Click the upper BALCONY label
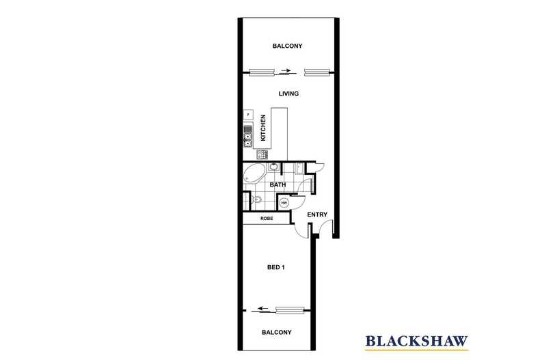tap(287, 46)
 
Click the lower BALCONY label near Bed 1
tap(277, 332)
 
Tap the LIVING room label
tap(288, 94)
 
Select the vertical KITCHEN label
tap(263, 128)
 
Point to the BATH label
tap(278, 185)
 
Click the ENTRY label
tap(317, 214)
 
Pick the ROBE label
tap(267, 218)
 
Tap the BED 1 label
tap(276, 267)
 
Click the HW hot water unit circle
tap(284, 203)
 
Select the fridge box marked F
tap(248, 114)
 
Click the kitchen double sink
tap(248, 137)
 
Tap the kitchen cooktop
tap(262, 154)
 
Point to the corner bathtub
tap(254, 174)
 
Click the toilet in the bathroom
tap(256, 199)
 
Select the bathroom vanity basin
tap(274, 167)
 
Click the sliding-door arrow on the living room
tap(285, 70)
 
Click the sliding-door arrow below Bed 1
tap(264, 308)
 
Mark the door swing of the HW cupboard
tap(300, 202)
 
